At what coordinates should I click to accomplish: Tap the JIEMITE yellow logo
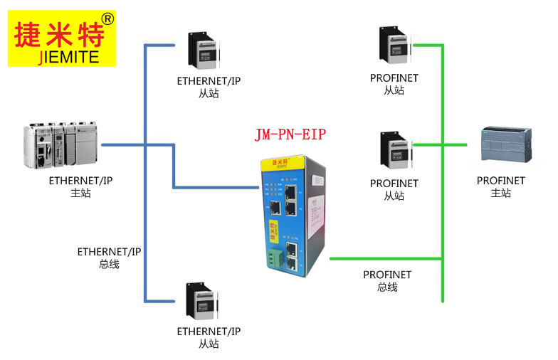point(61,38)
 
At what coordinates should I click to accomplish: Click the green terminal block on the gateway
point(274,258)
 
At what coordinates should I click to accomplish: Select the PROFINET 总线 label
point(387,281)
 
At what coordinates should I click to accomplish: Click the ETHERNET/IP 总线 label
point(109,258)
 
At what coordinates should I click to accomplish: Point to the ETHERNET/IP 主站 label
point(80,186)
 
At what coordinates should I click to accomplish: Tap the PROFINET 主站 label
point(500,186)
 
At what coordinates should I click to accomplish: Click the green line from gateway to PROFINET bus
point(384,258)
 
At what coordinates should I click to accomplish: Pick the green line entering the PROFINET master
point(456,144)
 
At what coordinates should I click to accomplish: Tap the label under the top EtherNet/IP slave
point(209,87)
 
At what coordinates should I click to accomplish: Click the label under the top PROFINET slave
point(394,84)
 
